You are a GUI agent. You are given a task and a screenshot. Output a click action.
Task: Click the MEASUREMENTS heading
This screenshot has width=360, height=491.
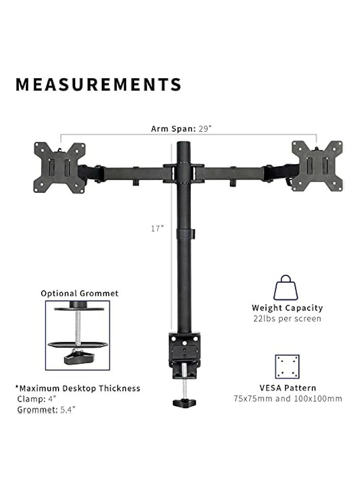[98, 84]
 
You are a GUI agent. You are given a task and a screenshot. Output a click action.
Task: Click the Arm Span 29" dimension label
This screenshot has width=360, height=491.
[181, 129]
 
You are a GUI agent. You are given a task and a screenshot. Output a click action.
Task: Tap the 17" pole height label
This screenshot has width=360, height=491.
[157, 229]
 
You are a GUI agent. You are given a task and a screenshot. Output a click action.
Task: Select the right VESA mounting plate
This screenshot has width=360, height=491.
[317, 166]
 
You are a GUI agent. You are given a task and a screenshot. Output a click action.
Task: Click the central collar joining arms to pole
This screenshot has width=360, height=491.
[184, 173]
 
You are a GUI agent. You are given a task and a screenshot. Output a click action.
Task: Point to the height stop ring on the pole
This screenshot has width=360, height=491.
[185, 234]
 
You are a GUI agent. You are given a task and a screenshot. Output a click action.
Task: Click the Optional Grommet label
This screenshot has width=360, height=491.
[79, 293]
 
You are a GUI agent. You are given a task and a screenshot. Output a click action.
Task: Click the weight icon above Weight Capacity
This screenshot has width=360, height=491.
[287, 288]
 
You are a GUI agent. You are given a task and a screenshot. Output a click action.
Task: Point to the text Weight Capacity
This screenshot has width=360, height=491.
[287, 308]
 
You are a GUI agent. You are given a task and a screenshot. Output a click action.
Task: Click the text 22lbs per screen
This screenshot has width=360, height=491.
[287, 319]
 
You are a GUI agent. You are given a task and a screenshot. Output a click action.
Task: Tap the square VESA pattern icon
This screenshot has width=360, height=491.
[287, 366]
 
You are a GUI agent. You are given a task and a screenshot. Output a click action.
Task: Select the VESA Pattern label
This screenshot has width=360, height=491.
[287, 388]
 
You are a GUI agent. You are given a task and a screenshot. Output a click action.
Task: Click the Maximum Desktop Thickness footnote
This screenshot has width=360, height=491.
[77, 388]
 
